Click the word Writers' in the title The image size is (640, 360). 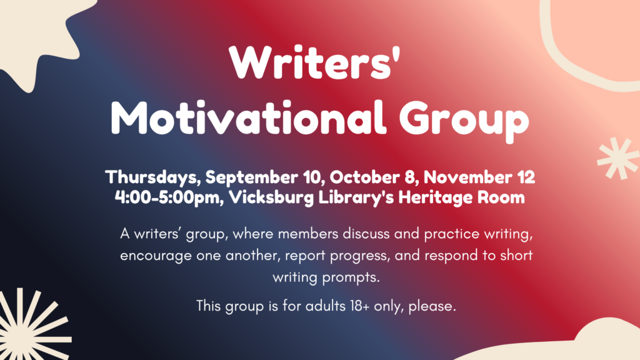click(314, 62)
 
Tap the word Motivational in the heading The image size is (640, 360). click(248, 117)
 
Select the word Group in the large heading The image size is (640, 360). click(464, 121)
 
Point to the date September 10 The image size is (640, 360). click(264, 177)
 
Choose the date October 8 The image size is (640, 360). click(374, 177)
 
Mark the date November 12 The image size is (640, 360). click(479, 177)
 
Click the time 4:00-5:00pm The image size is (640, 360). click(169, 197)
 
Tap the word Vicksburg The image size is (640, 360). click(271, 197)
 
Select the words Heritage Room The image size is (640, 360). click(462, 197)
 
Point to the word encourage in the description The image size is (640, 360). click(156, 256)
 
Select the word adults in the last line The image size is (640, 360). click(326, 306)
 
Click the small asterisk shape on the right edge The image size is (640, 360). click(618, 158)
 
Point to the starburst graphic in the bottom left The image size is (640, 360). click(29, 326)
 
